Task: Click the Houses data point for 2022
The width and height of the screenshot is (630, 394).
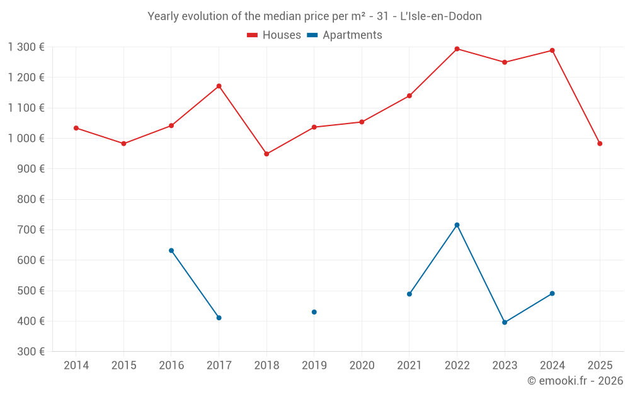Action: pyautogui.click(x=457, y=49)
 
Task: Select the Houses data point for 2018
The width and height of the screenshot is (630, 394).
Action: pyautogui.click(x=266, y=154)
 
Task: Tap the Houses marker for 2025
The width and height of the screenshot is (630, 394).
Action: pyautogui.click(x=600, y=144)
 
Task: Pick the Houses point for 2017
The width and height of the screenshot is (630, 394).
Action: pyautogui.click(x=219, y=86)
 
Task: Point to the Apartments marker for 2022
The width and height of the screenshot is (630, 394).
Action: pyautogui.click(x=457, y=225)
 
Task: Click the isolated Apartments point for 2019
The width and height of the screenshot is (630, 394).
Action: pyautogui.click(x=314, y=312)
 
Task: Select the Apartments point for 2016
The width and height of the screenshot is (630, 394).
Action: pyautogui.click(x=171, y=250)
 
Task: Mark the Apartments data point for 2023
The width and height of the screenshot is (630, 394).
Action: pyautogui.click(x=505, y=322)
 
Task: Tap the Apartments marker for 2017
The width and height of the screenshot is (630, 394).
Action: pyautogui.click(x=219, y=318)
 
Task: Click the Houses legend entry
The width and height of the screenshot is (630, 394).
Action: pyautogui.click(x=274, y=35)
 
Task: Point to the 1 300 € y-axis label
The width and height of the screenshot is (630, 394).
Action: pyautogui.click(x=26, y=47)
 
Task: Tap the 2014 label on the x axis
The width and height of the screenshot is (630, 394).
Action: pyautogui.click(x=76, y=365)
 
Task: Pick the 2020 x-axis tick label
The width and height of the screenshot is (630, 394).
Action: pyautogui.click(x=362, y=365)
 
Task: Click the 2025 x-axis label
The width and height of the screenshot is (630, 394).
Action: pyautogui.click(x=600, y=365)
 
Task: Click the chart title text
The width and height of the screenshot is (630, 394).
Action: pyautogui.click(x=314, y=16)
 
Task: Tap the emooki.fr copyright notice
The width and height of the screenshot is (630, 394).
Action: pyautogui.click(x=575, y=381)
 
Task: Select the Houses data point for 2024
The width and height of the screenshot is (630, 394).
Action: pyautogui.click(x=552, y=50)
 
